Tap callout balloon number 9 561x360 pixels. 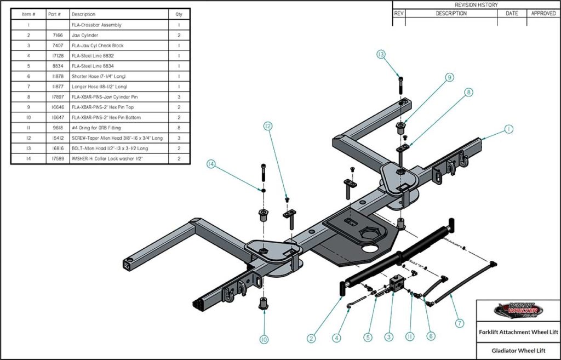(x=449, y=78)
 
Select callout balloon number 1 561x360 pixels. (x=508, y=129)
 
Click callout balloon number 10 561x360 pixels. (x=264, y=340)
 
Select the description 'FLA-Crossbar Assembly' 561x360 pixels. (x=96, y=25)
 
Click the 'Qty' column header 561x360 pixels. (x=179, y=14)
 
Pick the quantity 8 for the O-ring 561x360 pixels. (x=179, y=127)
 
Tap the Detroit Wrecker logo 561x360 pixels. (x=518, y=311)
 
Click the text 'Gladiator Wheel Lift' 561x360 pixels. (x=518, y=349)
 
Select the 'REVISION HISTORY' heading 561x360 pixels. (x=476, y=5)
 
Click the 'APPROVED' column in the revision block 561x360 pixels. (x=543, y=13)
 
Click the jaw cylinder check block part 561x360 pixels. (x=396, y=285)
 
